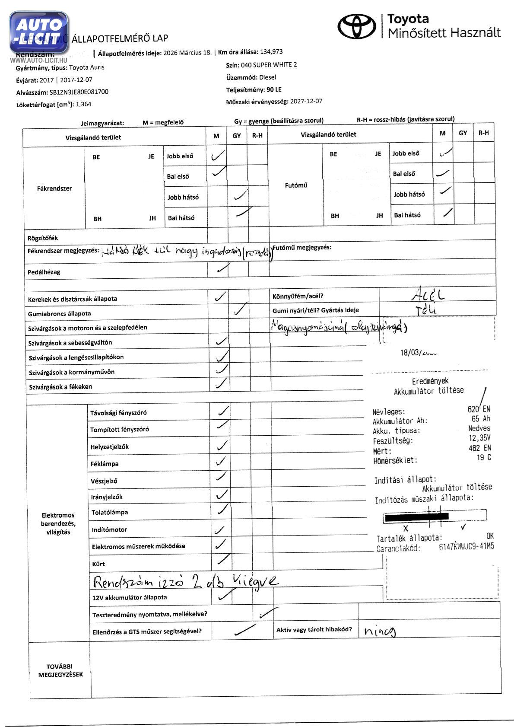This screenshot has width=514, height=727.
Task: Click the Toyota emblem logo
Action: pyautogui.click(x=357, y=26)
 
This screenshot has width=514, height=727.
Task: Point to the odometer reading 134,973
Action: pyautogui.click(x=271, y=52)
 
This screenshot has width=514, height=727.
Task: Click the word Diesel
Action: pyautogui.click(x=267, y=77)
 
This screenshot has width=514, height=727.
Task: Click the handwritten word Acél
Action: pyautogui.click(x=428, y=295)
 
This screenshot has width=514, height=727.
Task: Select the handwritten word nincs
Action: pyautogui.click(x=380, y=631)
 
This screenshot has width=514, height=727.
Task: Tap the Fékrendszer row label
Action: pyautogui.click(x=54, y=188)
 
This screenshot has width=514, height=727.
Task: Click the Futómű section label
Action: pyautogui.click(x=296, y=185)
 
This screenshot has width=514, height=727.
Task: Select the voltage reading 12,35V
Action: pyautogui.click(x=479, y=438)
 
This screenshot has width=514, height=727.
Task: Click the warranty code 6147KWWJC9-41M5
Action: pyautogui.click(x=466, y=547)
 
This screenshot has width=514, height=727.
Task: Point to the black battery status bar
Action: pyautogui.click(x=416, y=516)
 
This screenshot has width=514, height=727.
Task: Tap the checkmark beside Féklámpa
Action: pyautogui.click(x=221, y=462)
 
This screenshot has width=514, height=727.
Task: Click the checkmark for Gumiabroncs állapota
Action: pyautogui.click(x=240, y=309)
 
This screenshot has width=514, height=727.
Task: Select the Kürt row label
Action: pyautogui.click(x=98, y=564)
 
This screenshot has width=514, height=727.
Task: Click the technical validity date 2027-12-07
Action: pyautogui.click(x=306, y=102)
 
